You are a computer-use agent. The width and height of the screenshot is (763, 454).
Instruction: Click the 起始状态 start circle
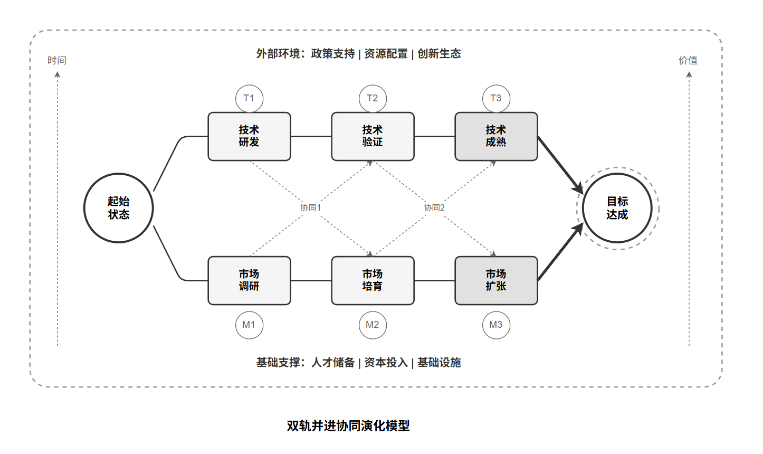click(119, 208)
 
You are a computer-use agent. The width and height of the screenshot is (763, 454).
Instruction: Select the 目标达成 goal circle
click(617, 208)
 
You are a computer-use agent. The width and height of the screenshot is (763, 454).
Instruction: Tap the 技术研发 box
click(249, 136)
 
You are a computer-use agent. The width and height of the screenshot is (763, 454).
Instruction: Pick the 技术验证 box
click(373, 136)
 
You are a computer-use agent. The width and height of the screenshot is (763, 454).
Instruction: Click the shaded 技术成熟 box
click(496, 136)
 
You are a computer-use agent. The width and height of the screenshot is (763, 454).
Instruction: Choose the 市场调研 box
click(249, 280)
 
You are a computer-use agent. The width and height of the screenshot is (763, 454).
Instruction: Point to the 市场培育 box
click(373, 280)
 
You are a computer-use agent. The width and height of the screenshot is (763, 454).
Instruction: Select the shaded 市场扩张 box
click(496, 280)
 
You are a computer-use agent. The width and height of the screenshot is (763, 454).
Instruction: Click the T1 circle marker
click(249, 98)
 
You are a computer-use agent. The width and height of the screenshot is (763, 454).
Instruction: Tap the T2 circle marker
click(373, 98)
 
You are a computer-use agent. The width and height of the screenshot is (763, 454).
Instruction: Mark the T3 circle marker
click(496, 98)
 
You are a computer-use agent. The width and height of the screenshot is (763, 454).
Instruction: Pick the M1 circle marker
click(249, 325)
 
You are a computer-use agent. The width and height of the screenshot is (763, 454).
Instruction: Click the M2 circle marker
click(373, 325)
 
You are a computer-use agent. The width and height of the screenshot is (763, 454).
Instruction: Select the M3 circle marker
click(496, 325)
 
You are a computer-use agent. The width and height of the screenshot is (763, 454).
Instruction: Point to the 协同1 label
click(311, 208)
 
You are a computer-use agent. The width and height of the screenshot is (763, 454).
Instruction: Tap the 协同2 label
click(434, 208)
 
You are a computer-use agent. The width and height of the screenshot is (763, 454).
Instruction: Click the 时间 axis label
click(57, 61)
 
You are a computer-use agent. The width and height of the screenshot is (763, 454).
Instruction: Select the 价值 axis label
click(688, 61)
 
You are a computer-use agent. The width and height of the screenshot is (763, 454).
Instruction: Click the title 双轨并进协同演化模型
click(348, 425)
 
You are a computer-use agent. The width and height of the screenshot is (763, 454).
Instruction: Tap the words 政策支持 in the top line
click(333, 54)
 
